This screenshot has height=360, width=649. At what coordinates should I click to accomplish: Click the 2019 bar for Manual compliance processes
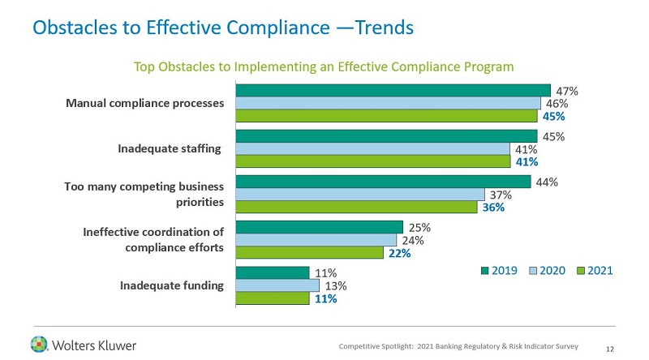393,90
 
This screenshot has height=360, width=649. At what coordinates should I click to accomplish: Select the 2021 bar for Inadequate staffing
372,161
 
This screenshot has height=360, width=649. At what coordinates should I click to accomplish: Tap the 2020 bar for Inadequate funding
277,285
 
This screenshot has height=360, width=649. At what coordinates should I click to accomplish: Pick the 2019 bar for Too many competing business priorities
383,182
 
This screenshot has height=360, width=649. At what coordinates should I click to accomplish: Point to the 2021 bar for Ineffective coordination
309,253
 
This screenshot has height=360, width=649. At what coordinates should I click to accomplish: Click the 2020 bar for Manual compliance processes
388,103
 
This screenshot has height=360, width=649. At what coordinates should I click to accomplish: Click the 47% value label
566,90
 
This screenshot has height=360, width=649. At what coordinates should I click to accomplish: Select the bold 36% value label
493,208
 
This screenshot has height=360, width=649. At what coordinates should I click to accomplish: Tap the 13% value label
336,285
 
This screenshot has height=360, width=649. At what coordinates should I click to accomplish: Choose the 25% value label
419,228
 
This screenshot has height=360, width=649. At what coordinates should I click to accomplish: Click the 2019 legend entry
500,270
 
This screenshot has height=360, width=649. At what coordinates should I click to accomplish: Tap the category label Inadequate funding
171,285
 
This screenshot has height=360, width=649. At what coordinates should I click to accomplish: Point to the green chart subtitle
324,65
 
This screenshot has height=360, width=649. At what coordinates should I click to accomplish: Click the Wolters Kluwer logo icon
39,344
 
